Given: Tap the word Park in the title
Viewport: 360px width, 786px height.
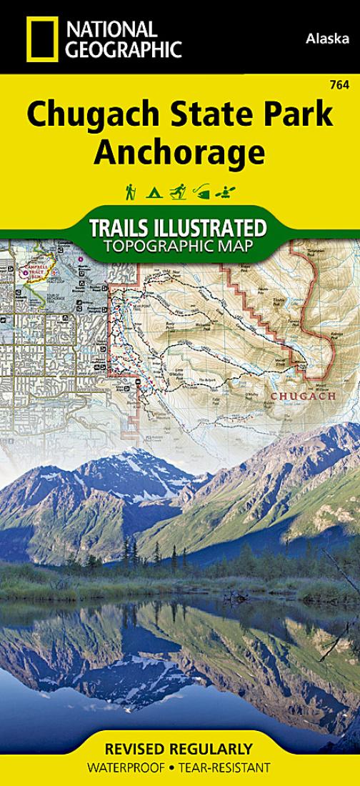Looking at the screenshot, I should (x=297, y=114).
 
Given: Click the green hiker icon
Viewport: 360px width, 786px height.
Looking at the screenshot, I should (x=131, y=191).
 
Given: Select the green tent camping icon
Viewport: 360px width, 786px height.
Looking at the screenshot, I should (x=153, y=192).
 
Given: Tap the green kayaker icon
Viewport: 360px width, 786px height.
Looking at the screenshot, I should (x=228, y=191).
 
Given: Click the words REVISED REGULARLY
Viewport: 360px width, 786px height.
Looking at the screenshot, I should (x=179, y=750).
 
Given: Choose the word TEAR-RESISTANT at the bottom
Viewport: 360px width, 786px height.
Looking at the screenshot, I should (x=225, y=767).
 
